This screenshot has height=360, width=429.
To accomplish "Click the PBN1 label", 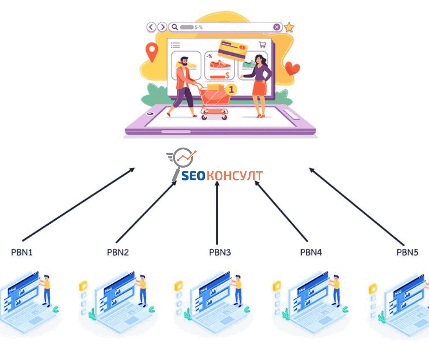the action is click(x=22, y=252).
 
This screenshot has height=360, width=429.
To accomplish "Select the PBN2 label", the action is click(x=118, y=252).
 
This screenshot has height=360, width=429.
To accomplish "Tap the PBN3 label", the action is click(x=220, y=252).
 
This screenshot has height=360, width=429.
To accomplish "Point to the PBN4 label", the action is click(x=311, y=252).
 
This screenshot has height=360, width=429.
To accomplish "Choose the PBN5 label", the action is click(x=408, y=252).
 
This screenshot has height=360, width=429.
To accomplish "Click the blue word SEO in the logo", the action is click(x=193, y=176).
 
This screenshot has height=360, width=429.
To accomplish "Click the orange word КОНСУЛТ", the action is click(x=235, y=176).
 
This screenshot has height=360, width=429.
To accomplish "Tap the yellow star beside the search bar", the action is click(x=289, y=27).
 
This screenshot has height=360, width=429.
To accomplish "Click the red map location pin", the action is click(x=152, y=52).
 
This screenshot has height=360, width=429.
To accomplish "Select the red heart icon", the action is click(x=292, y=68).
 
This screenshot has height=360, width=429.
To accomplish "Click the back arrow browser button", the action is click(x=152, y=27).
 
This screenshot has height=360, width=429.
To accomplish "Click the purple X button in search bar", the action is click(x=277, y=27).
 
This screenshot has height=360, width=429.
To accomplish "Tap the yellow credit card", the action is click(x=232, y=50).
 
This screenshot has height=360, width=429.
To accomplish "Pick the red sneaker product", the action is click(x=220, y=65).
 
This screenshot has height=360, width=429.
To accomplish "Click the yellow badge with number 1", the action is click(x=231, y=90).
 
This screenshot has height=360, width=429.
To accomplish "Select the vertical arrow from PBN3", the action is click(x=217, y=212).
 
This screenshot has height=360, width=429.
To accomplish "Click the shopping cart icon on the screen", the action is click(x=262, y=45).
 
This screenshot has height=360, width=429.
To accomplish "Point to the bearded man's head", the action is click(x=184, y=61).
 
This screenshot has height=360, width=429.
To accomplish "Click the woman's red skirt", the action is click(x=259, y=88).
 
